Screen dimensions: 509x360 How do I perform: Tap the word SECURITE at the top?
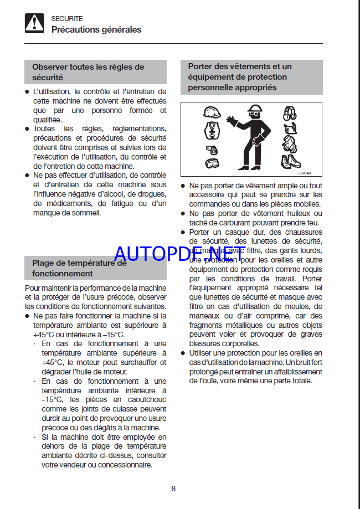(67, 18)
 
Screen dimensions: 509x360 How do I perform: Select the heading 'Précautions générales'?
(96, 29)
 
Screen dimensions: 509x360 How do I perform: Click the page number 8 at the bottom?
(173, 488)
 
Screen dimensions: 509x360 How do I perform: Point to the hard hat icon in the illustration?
(212, 113)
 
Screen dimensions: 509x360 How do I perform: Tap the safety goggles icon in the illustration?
(211, 163)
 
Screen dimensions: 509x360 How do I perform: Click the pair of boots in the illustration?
(290, 161)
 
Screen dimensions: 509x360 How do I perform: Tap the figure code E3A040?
(311, 173)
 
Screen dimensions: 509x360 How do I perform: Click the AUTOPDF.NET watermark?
(179, 253)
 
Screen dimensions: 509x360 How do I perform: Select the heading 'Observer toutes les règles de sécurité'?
(88, 72)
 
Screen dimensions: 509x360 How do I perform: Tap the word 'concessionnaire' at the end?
(125, 465)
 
